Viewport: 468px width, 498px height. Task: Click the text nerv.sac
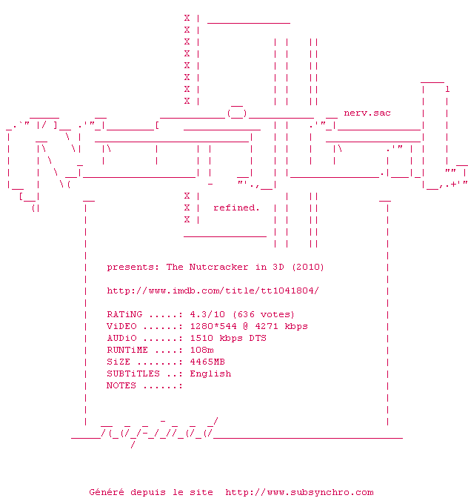[x=367, y=113]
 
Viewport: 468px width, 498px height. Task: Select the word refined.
[x=236, y=207]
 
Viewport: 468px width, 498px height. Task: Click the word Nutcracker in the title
[x=219, y=267]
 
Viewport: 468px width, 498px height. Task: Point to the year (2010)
[x=308, y=267]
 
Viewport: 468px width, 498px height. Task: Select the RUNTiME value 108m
[x=201, y=350]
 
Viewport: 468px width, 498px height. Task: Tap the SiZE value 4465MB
[x=207, y=362]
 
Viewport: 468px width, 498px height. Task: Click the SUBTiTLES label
[x=133, y=373]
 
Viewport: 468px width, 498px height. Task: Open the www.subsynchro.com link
[x=299, y=492]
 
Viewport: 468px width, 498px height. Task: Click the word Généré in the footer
[x=107, y=492]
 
